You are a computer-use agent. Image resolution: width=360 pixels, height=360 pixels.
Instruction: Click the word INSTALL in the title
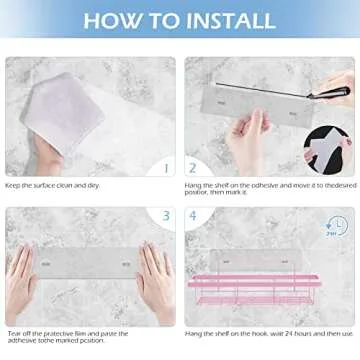click(x=221, y=20)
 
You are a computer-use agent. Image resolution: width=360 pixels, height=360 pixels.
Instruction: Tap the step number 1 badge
click(x=166, y=168)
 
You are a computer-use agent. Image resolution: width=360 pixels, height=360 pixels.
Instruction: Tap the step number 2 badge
click(x=192, y=168)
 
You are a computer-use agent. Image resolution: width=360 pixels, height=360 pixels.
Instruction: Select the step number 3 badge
click(x=166, y=215)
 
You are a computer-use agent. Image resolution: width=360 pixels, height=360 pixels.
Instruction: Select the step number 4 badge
click(x=192, y=215)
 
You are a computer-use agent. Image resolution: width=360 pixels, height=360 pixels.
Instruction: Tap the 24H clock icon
click(x=337, y=227)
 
